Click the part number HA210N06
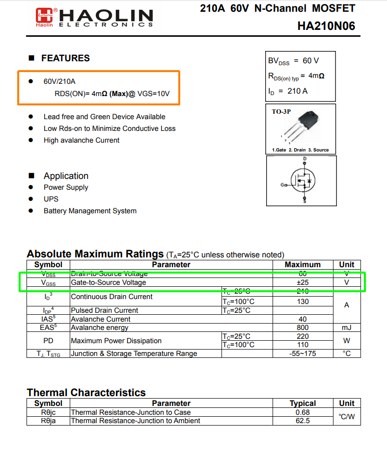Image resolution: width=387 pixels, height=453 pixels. click(326, 26)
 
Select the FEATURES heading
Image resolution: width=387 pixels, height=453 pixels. click(65, 58)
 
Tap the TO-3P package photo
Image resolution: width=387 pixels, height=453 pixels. click(307, 123)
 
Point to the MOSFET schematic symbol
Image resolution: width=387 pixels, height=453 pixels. click(302, 180)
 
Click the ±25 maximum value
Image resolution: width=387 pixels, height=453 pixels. click(303, 283)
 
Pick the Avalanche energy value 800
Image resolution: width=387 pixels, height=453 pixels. click(303, 327)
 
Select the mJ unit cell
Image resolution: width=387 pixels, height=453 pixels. click(347, 327)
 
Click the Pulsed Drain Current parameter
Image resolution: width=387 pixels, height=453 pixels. click(105, 310)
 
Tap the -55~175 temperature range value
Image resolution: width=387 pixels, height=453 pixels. click(303, 353)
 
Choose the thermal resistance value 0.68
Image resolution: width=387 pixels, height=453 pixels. click(303, 412)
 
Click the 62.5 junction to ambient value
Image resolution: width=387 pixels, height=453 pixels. click(303, 421)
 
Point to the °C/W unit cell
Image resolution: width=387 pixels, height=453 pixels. click(347, 417)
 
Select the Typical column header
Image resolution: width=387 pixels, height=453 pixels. click(303, 403)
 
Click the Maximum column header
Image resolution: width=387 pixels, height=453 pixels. click(303, 265)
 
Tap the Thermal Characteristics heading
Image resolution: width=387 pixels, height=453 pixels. click(86, 393)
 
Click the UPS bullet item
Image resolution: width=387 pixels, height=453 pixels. click(51, 199)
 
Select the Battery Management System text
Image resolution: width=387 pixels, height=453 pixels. click(90, 211)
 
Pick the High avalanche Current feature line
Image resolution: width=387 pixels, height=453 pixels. click(82, 140)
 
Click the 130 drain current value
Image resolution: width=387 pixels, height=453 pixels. click(303, 302)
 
